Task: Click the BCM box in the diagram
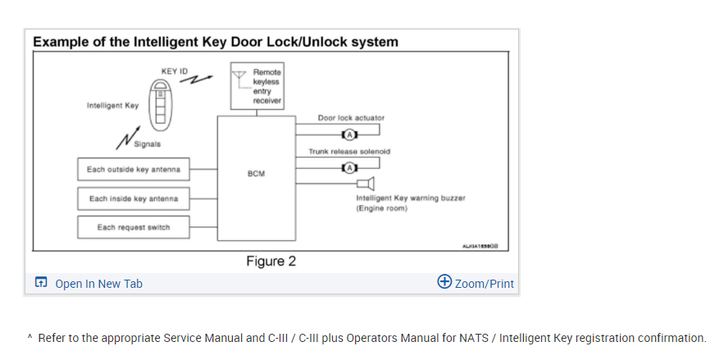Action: (x=255, y=176)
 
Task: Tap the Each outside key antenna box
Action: (x=134, y=170)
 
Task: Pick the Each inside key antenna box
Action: (x=134, y=198)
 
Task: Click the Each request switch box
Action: (x=134, y=227)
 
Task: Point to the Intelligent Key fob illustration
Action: (x=162, y=103)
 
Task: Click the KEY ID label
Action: (x=175, y=72)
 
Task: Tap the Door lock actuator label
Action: (x=351, y=117)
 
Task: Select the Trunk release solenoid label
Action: (x=349, y=151)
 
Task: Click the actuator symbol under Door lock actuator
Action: (x=349, y=134)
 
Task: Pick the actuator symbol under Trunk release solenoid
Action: (x=349, y=168)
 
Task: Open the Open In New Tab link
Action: (x=98, y=284)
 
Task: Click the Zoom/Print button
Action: (x=476, y=283)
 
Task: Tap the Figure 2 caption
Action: (x=271, y=262)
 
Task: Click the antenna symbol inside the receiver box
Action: (x=240, y=78)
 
